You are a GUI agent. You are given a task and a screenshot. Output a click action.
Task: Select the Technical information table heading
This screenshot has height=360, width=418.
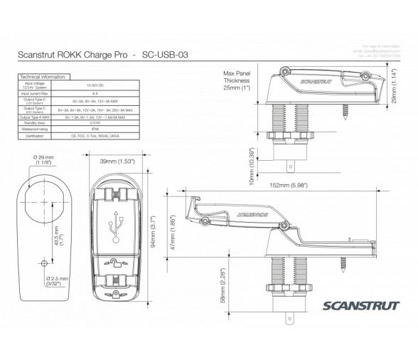43,76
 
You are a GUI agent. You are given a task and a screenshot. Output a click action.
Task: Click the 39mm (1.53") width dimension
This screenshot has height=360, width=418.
117,162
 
